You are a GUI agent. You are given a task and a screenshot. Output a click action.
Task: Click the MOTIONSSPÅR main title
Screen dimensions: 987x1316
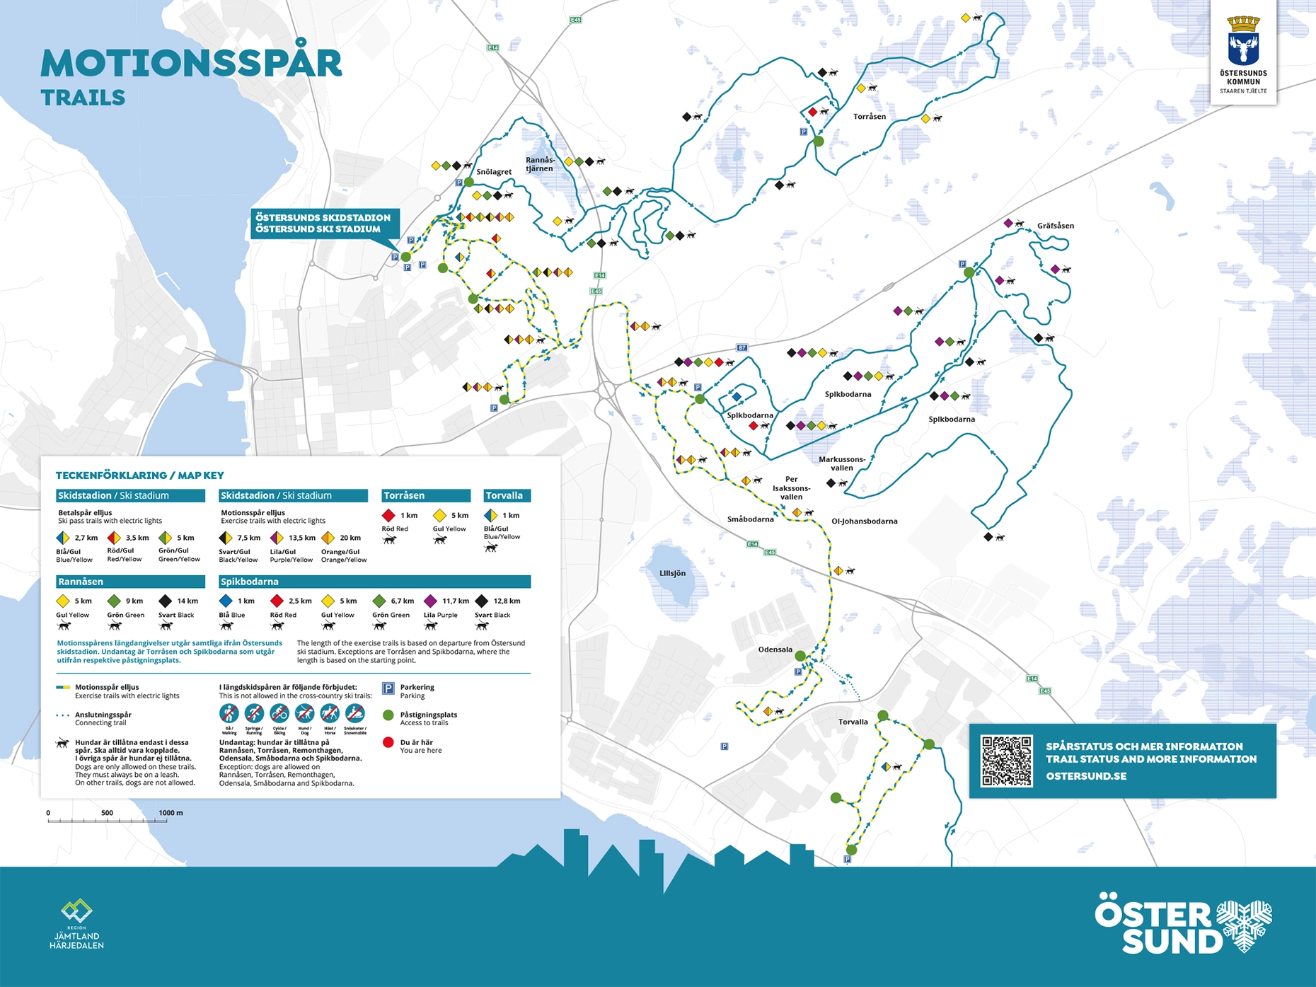191,64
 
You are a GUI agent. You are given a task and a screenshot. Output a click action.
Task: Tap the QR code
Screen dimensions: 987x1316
1006,761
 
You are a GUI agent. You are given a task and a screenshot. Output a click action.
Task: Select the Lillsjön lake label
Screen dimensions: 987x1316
672,573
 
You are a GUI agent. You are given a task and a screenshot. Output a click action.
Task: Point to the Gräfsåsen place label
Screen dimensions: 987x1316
1055,226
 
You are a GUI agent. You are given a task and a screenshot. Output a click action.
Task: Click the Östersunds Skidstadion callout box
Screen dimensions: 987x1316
323,223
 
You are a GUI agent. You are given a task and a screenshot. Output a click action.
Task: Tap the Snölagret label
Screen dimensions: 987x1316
494,172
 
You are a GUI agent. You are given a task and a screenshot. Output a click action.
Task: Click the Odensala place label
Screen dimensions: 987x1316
775,650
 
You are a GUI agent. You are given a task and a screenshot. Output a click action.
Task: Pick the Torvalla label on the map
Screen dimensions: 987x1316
853,722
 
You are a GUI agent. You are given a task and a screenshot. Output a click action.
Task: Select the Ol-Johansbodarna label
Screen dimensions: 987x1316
864,521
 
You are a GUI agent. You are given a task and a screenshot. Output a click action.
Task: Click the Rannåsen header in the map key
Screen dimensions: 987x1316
81,582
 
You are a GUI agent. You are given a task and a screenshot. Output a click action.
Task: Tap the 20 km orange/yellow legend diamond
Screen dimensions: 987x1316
328,538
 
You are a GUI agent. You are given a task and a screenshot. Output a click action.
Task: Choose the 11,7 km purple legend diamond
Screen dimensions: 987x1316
430,601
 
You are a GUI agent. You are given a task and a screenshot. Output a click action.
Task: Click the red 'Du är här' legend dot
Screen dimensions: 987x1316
388,742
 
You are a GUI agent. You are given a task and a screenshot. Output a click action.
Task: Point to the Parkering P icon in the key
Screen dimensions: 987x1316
388,688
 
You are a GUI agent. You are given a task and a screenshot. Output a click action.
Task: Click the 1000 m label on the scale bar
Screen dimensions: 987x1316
171,812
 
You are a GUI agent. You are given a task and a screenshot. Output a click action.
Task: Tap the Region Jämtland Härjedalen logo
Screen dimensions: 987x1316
76,924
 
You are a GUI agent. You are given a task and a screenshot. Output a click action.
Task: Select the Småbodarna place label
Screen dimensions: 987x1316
750,519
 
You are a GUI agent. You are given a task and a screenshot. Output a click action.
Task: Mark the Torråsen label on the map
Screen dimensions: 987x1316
869,117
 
